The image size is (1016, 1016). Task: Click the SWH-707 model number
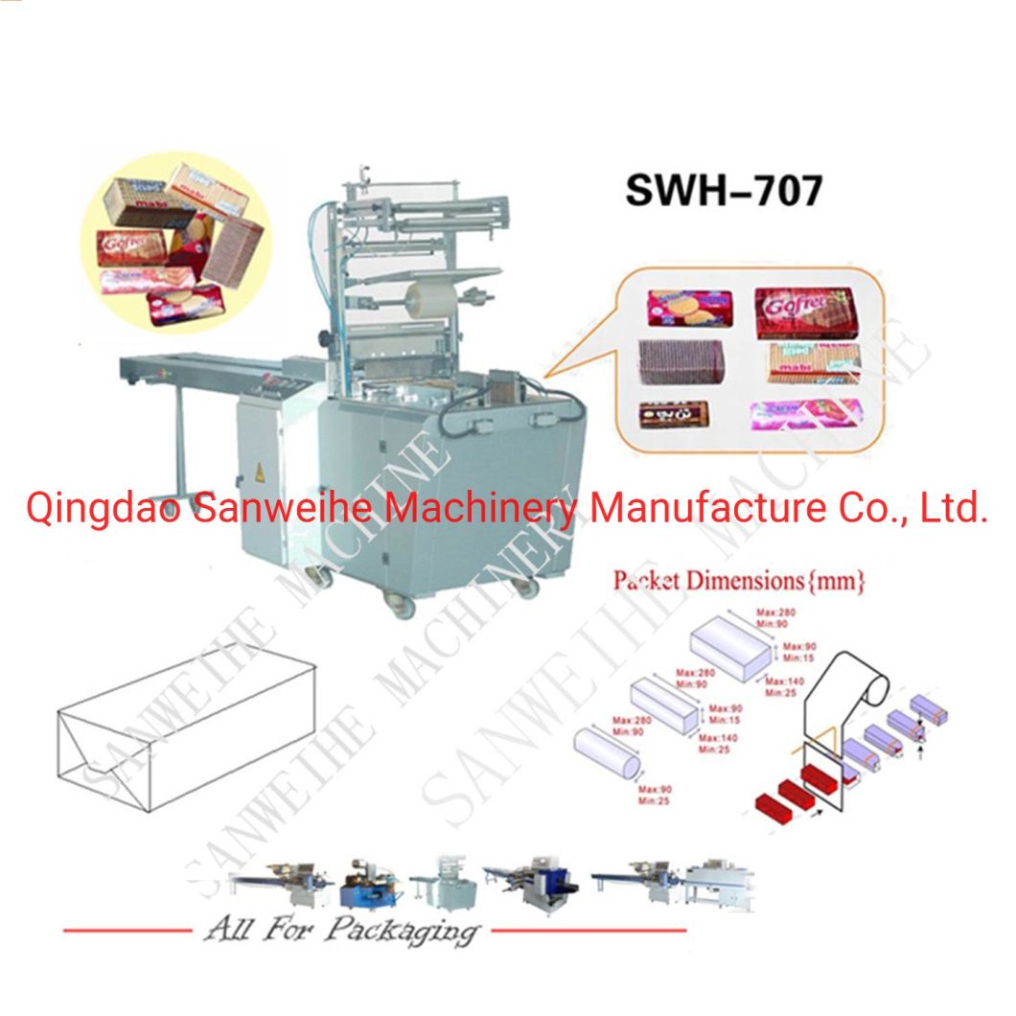point(724,190)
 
